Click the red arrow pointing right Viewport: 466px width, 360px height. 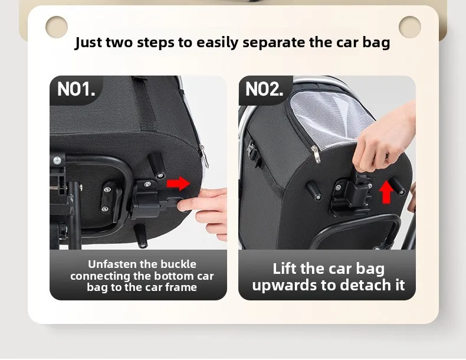point(178,184)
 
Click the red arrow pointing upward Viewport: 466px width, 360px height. point(386,192)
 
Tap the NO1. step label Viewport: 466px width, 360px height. point(76,89)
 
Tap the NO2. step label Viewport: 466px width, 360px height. point(264,89)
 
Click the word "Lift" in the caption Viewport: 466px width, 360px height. point(284,269)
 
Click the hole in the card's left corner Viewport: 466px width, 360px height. point(57,27)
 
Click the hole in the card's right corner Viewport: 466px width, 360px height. point(410,27)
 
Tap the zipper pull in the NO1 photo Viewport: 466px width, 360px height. point(204,155)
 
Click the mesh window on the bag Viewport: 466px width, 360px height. point(330,117)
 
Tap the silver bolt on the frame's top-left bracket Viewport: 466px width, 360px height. point(57,161)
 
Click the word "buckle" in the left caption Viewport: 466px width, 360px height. point(178,264)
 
